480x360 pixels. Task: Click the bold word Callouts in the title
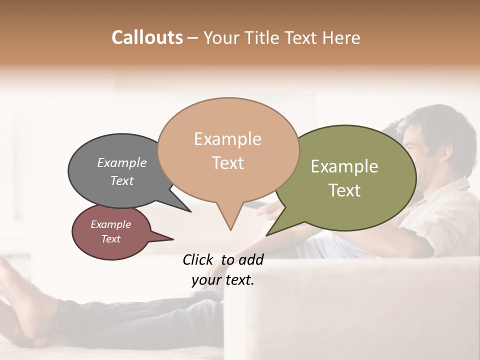147,37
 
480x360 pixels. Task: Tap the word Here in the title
342,37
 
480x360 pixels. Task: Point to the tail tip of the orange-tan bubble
230,229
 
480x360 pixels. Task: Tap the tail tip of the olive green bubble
267,234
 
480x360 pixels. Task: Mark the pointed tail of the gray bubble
189,211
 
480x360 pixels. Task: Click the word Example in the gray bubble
122,162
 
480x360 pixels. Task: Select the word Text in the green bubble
344,190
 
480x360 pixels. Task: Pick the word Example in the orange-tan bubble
227,139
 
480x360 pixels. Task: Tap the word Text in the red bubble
111,239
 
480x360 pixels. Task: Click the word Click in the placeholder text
198,259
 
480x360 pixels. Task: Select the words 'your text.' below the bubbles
223,280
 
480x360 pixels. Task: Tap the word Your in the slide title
222,37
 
